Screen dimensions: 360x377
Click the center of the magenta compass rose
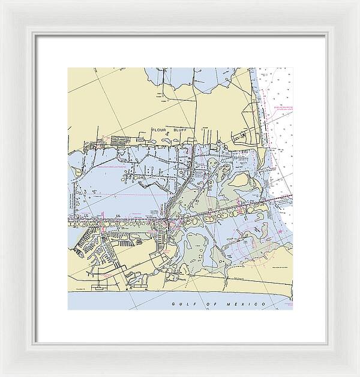[253, 248]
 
